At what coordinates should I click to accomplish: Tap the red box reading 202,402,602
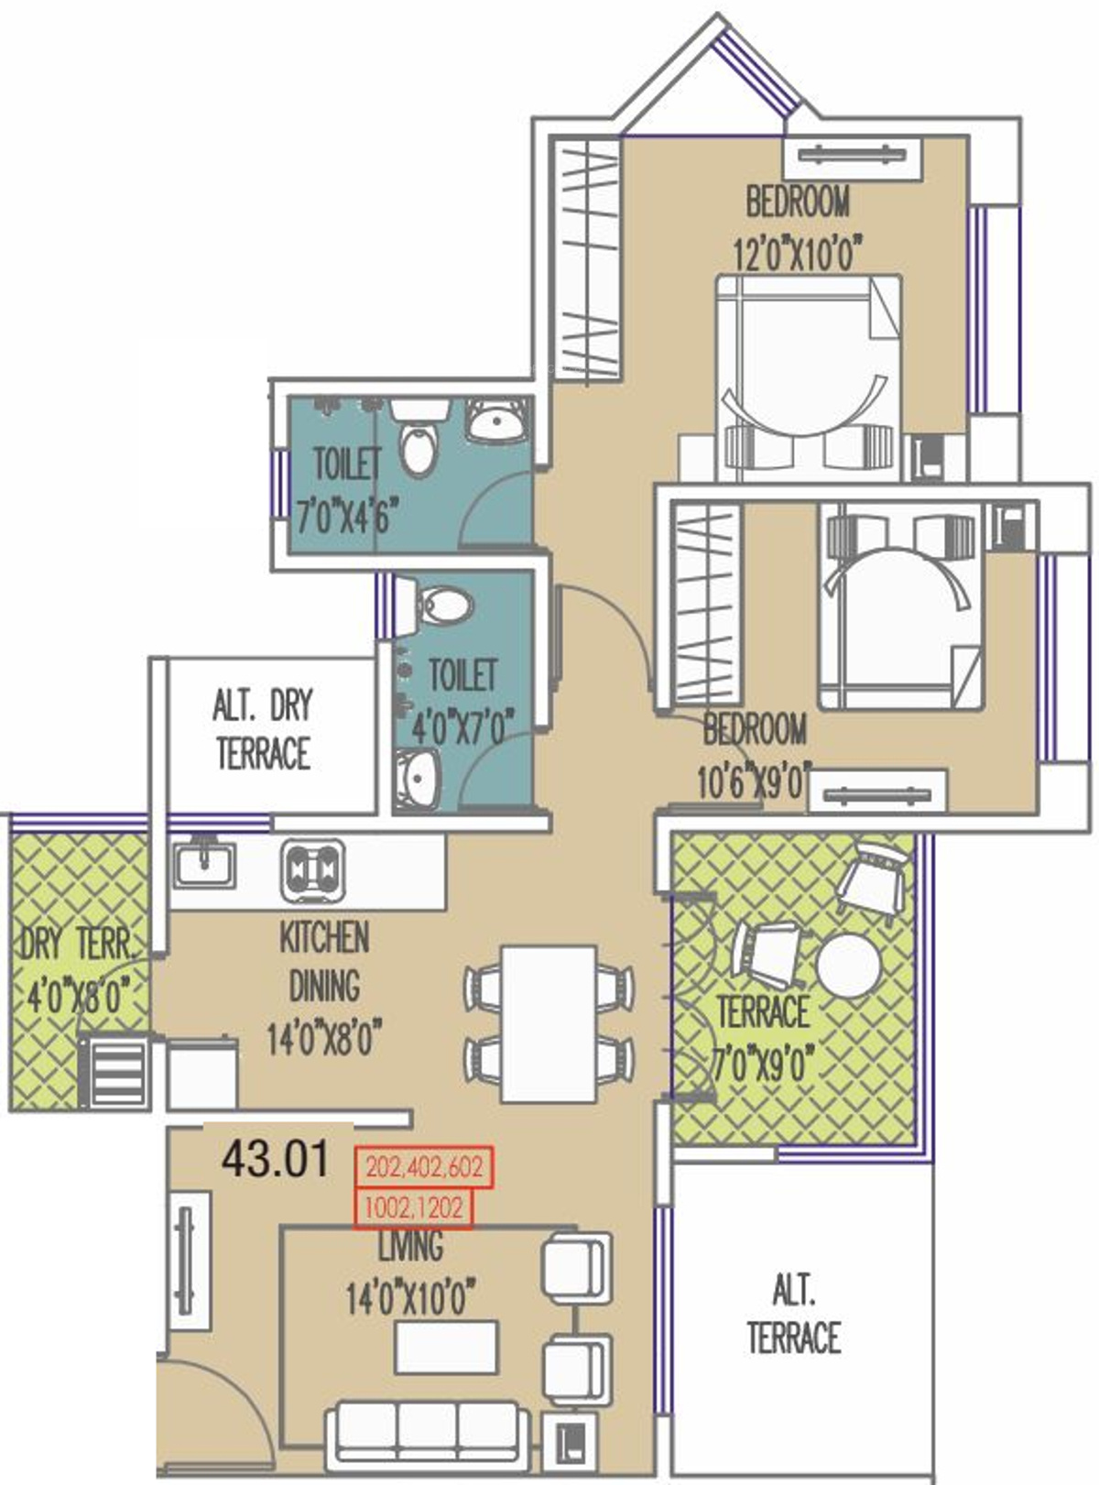pos(424,1168)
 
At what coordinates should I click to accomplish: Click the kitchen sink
pos(205,865)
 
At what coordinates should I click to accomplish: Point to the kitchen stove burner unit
pos(313,869)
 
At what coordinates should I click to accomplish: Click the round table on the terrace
pos(848,965)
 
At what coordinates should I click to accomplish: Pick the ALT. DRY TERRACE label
pos(263,729)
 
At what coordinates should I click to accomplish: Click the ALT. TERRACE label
pos(794,1316)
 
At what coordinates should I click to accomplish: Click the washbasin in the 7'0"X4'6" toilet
pos(495,420)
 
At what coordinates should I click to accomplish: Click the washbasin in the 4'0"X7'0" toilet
pos(418,778)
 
